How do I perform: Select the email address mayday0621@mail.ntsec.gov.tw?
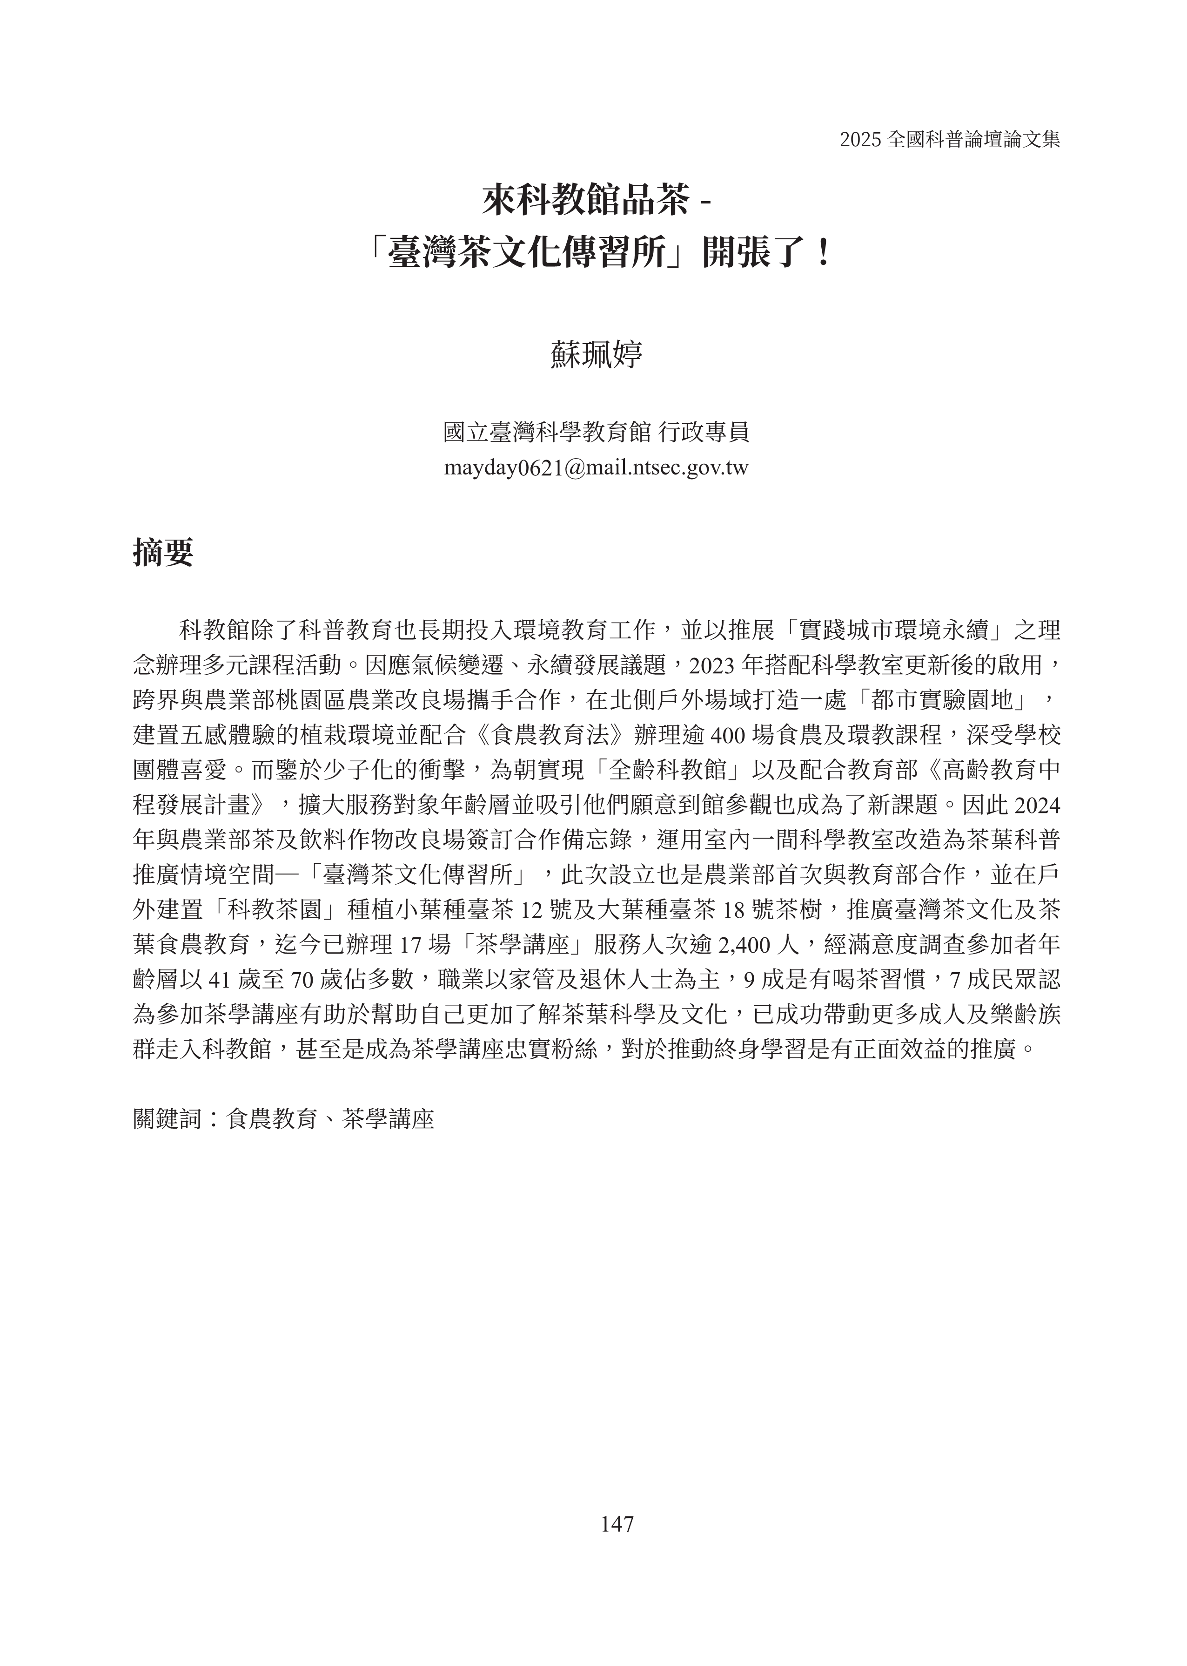click(x=596, y=468)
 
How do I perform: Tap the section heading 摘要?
click(x=163, y=552)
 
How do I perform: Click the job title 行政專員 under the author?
click(x=704, y=432)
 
